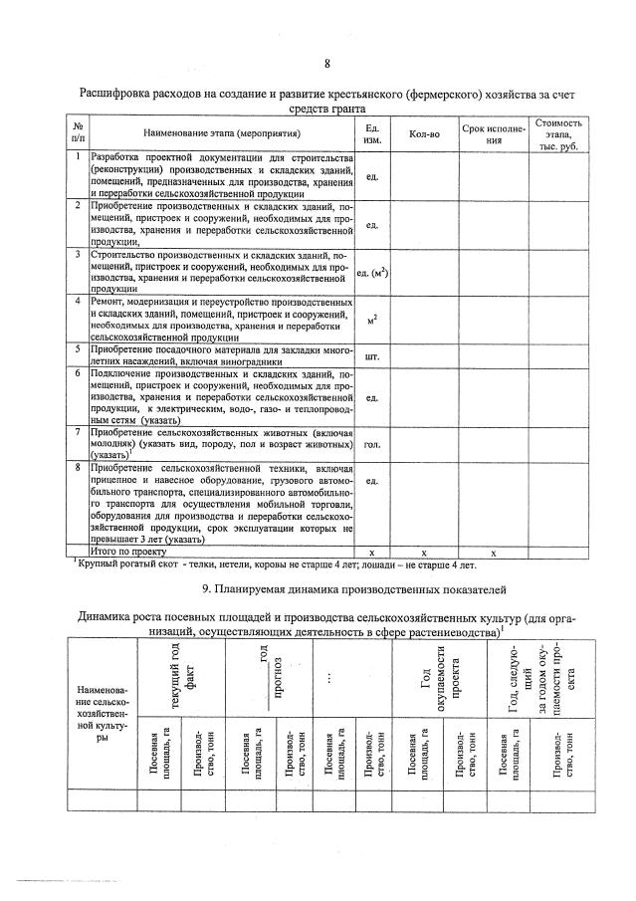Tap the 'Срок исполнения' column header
pos(492,132)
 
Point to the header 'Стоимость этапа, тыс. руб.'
pos(558,132)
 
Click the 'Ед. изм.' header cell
pos(373,132)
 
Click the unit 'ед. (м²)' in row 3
pos(373,272)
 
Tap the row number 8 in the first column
pos(78,466)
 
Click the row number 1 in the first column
pos(78,156)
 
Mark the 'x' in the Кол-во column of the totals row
pos(424,550)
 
